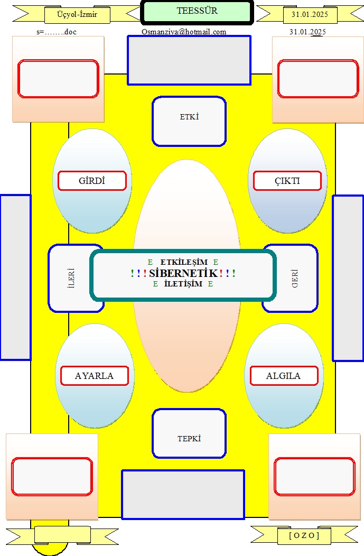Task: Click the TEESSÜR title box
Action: (197, 12)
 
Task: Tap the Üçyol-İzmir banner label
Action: (77, 15)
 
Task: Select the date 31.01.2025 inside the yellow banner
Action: (310, 15)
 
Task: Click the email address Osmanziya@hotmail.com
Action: (184, 32)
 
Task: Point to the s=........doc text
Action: (57, 32)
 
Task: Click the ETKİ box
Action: (189, 121)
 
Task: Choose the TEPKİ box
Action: (189, 433)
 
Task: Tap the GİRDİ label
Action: (92, 181)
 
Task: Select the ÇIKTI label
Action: (287, 181)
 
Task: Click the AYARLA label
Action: (94, 376)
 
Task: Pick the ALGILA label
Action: (284, 376)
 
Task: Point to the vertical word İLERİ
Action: (71, 278)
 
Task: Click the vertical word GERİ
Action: (295, 279)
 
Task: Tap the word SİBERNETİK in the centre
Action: (183, 273)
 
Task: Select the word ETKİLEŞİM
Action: (184, 262)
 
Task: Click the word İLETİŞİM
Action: (183, 284)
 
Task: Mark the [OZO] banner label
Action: (304, 535)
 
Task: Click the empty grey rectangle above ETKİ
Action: (189, 60)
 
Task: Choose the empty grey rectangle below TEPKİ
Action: (183, 495)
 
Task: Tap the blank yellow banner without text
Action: (62, 535)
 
